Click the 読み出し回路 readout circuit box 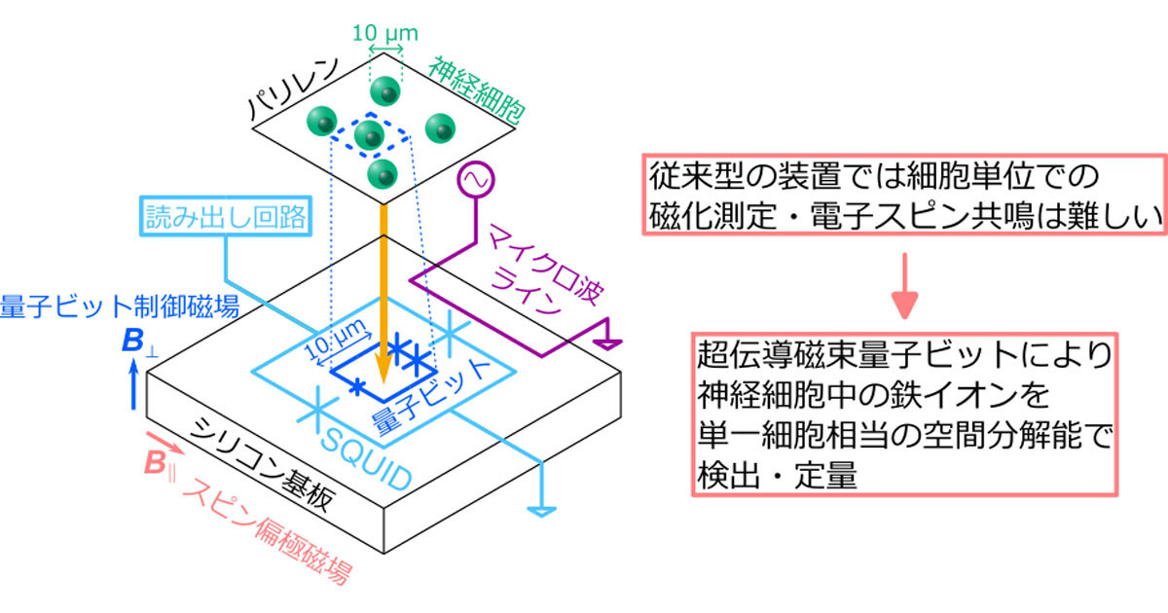pyautogui.click(x=226, y=216)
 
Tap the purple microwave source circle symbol pyautogui.click(x=476, y=180)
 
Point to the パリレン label pyautogui.click(x=294, y=88)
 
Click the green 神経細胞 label pyautogui.click(x=476, y=92)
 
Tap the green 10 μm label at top pyautogui.click(x=385, y=33)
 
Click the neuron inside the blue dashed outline pyautogui.click(x=370, y=135)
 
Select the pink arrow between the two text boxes pyautogui.click(x=904, y=286)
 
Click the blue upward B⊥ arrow pyautogui.click(x=134, y=384)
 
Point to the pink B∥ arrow pyautogui.click(x=165, y=443)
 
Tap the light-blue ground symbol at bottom pyautogui.click(x=542, y=512)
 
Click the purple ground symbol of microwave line pyautogui.click(x=608, y=344)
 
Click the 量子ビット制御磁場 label pyautogui.click(x=120, y=306)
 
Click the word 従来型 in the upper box pyautogui.click(x=696, y=176)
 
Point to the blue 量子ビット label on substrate pyautogui.click(x=431, y=396)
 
